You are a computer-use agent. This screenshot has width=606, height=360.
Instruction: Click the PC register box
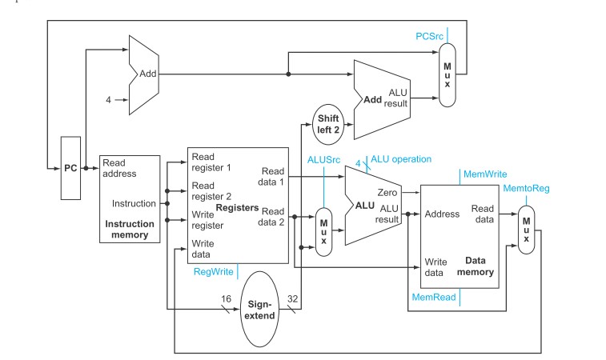70,168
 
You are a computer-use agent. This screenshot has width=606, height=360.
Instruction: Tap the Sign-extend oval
259,310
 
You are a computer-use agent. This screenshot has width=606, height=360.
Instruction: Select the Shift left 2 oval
328,124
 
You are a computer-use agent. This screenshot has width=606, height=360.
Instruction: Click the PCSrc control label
429,36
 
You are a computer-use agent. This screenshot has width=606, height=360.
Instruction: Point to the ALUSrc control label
324,160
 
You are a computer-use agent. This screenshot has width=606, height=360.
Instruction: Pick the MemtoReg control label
526,189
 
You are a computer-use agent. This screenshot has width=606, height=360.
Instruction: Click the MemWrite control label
485,174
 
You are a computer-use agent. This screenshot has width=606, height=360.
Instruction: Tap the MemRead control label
434,297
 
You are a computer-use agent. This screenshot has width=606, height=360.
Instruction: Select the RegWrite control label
213,271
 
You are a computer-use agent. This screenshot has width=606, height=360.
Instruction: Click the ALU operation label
401,159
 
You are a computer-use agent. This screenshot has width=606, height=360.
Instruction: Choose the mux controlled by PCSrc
447,75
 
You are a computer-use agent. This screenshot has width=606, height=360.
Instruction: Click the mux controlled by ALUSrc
324,232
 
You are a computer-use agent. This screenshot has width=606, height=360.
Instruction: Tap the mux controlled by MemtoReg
527,230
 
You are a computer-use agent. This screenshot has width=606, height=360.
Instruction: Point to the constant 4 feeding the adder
108,100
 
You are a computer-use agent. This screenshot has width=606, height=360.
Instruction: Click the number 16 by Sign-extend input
226,298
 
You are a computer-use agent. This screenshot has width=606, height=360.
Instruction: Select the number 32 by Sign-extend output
292,298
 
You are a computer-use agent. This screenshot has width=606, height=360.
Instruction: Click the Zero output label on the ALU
387,192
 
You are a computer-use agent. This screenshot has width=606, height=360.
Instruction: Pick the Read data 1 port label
271,177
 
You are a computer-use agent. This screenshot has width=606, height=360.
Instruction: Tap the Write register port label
207,220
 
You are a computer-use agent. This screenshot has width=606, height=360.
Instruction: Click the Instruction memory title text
130,230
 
